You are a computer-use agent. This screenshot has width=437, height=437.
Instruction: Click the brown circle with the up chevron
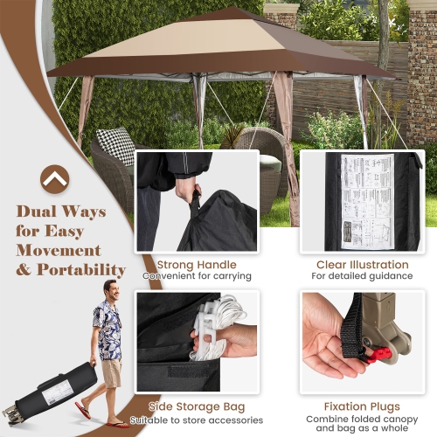pos(54,178)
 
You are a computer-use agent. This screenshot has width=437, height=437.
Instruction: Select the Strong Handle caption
pos(197,264)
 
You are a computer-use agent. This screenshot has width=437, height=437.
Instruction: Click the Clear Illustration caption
pos(363,264)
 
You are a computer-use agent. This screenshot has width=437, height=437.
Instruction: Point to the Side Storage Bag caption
pos(197,407)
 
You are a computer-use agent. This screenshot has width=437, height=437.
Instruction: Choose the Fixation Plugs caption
pos(363,407)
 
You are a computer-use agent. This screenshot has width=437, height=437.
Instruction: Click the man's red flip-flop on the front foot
pos(84,411)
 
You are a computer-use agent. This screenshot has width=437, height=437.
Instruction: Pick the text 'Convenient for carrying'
pos(197,276)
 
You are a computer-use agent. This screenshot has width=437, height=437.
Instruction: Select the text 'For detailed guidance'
pos(363,276)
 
